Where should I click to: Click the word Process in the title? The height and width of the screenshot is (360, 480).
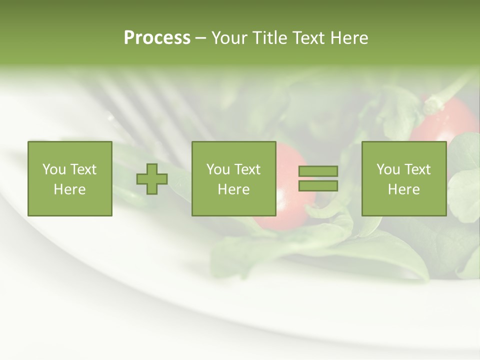[157, 38]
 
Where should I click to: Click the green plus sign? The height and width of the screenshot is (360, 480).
[152, 179]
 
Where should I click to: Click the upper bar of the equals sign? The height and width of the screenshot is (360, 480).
[318, 171]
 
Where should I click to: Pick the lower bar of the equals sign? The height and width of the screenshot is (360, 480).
[318, 186]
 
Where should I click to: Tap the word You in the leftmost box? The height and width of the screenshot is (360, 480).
[53, 169]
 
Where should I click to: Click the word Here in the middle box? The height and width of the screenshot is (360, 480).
[233, 189]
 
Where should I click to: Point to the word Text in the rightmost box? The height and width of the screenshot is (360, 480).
[418, 169]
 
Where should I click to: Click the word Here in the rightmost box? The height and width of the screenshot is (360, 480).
[404, 189]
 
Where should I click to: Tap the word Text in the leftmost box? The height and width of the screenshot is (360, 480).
[83, 169]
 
